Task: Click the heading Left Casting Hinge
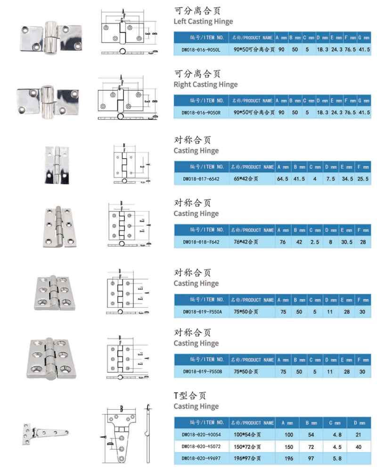pos(203,22)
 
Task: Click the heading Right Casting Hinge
pos(205,85)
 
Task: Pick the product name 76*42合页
pos(246,242)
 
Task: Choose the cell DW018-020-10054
pos(201,434)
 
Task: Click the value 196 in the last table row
pos(289,458)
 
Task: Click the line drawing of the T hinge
pos(123,433)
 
